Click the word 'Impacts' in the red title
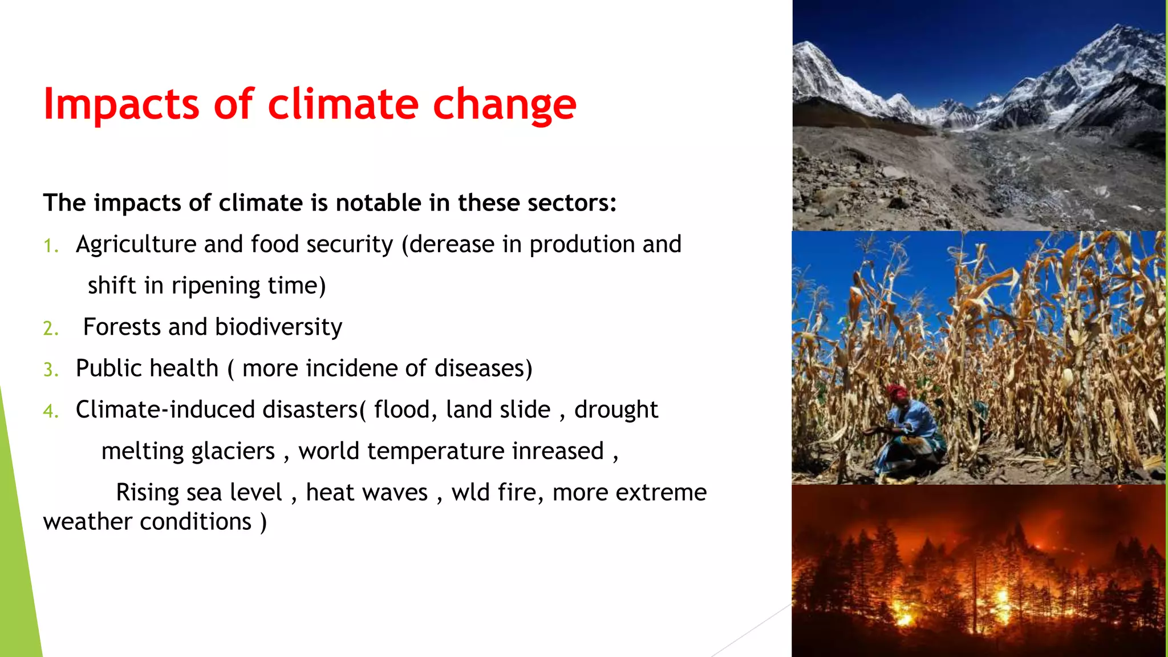121,104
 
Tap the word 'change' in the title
504,105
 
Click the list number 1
50,246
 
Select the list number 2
50,328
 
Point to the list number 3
50,370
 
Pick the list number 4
50,411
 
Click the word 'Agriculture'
136,245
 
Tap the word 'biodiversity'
278,327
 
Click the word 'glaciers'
233,452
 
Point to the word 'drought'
616,410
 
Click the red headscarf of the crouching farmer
897,392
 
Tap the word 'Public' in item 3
109,368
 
